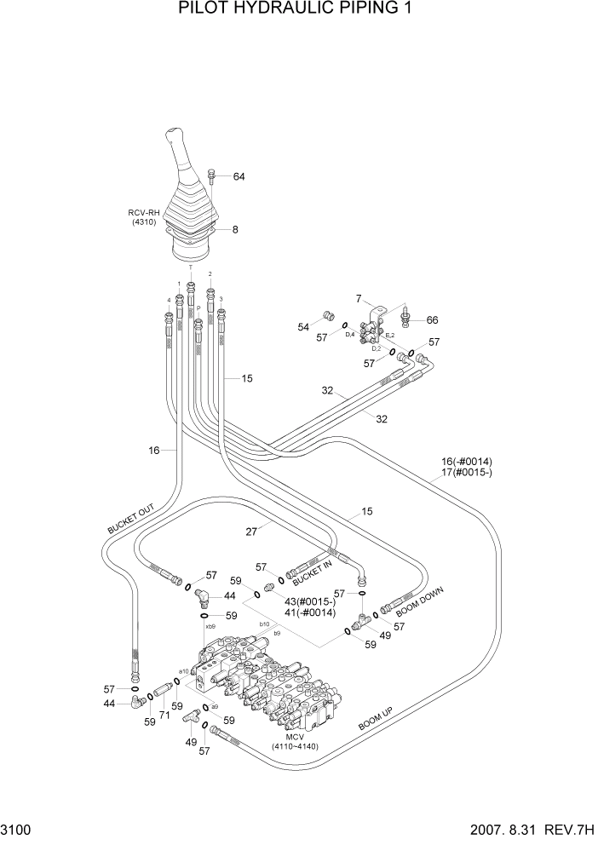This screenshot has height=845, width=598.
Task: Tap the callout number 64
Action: (x=239, y=177)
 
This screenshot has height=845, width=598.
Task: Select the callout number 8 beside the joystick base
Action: (x=235, y=229)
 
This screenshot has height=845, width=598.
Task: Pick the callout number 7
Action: (x=359, y=298)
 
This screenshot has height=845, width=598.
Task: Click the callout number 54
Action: (x=302, y=327)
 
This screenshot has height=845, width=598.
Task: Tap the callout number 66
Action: (x=433, y=320)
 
